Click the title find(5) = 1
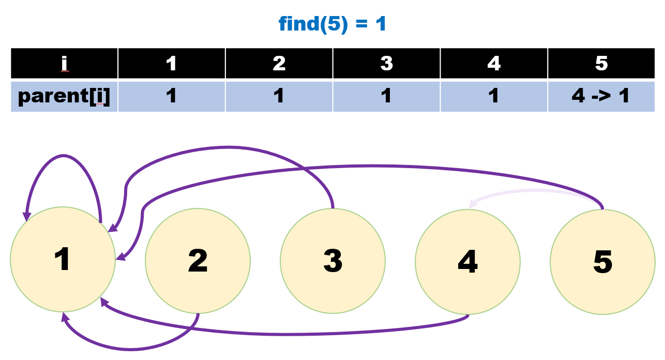(332, 24)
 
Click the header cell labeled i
(64, 63)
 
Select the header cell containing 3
(386, 63)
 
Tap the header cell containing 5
(601, 63)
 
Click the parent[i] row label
(64, 96)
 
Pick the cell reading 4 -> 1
(601, 96)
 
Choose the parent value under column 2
(279, 96)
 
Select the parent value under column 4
(494, 96)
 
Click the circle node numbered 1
(63, 260)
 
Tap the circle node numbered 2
(198, 261)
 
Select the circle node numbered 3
(332, 261)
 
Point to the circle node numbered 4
(467, 262)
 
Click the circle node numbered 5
(602, 262)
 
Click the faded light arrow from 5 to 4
(533, 191)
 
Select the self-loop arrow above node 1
(63, 156)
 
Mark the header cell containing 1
(171, 63)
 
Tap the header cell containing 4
(494, 63)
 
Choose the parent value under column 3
(386, 96)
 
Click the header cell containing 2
(279, 63)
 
